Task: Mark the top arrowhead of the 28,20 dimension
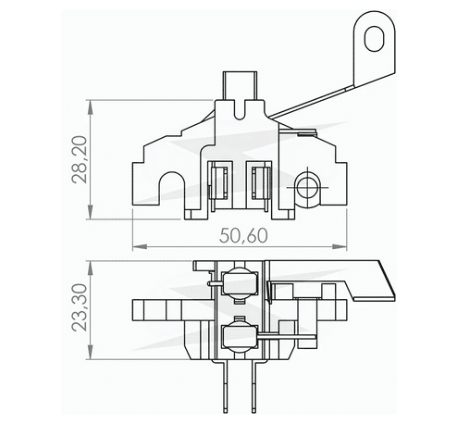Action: click(x=89, y=104)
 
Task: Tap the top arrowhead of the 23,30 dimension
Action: click(x=89, y=265)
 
